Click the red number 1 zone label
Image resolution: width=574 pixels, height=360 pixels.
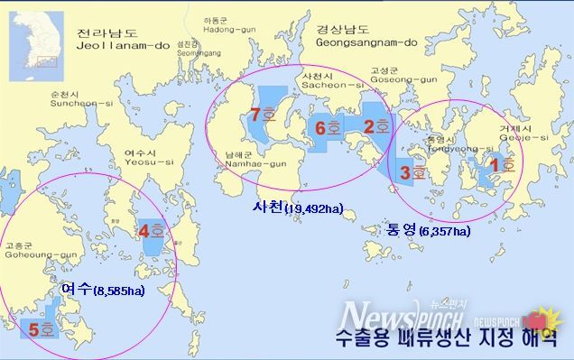click(x=499, y=165)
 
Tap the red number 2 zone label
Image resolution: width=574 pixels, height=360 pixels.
click(x=375, y=126)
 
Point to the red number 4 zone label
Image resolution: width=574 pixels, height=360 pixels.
click(x=151, y=231)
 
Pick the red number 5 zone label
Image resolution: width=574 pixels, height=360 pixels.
click(x=41, y=330)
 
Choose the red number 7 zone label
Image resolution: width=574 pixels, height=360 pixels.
click(x=262, y=116)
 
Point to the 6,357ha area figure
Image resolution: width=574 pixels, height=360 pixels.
click(x=444, y=232)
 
